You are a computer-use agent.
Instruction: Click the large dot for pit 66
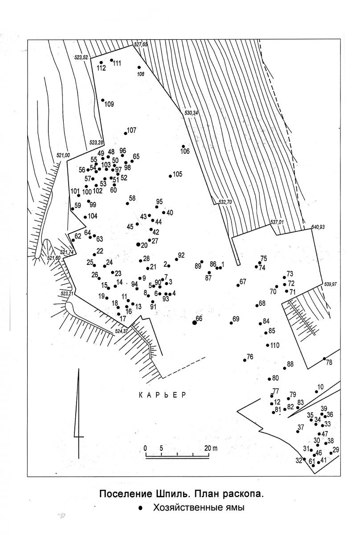coord(195,323)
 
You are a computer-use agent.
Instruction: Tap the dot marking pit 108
coord(139,67)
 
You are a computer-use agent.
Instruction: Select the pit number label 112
coord(101,68)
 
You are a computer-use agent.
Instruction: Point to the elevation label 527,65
coord(141,44)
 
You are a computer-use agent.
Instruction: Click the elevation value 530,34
coord(191,113)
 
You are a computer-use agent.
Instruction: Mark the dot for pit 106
coord(184,146)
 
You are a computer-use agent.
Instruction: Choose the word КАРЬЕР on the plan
coord(162,395)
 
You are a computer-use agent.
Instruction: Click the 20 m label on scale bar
coord(211,448)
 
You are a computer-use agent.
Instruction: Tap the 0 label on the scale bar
coord(145,448)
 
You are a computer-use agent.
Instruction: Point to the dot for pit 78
coord(324,366)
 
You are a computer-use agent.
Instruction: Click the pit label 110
coord(275,345)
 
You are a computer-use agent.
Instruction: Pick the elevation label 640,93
coord(318,227)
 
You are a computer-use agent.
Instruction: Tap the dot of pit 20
coord(138,244)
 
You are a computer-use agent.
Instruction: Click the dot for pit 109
coord(102,100)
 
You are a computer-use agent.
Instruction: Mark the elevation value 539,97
coord(331,284)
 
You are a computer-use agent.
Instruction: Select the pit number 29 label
coord(335,450)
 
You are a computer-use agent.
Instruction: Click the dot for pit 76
coord(245,360)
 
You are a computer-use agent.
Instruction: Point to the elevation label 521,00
coord(63,155)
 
